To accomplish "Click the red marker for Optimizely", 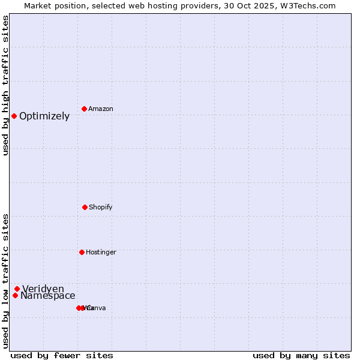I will (14, 116).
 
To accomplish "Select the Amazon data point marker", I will (85, 109).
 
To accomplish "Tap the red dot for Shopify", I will (85, 207).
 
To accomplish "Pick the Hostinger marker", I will (82, 252).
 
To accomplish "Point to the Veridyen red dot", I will (17, 289).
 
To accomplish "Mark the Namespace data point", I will (15, 295).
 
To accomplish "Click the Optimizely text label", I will (44, 116).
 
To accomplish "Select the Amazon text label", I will (101, 109).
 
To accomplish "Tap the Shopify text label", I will (101, 208).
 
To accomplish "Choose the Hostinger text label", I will (101, 253).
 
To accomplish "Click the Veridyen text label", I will (43, 289).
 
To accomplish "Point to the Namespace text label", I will (48, 296).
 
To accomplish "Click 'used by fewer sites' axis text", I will (62, 355).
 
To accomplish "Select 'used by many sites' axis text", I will (301, 355).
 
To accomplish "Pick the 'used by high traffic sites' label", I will (5, 86).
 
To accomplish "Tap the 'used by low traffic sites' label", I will (5, 281).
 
